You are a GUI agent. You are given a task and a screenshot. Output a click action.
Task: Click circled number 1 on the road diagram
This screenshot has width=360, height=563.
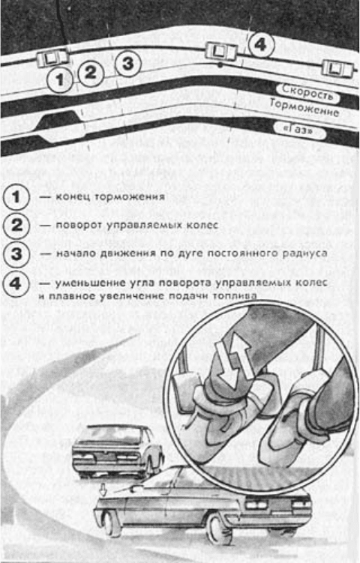tap(60, 79)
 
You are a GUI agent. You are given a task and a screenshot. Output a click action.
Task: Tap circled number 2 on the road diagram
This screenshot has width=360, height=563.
tap(91, 73)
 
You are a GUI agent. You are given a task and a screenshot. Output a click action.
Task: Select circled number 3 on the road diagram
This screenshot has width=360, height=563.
tap(128, 64)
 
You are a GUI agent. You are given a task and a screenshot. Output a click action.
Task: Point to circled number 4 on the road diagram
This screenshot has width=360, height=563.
tap(261, 44)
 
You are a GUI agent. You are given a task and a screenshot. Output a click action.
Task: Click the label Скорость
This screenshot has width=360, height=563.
tap(307, 93)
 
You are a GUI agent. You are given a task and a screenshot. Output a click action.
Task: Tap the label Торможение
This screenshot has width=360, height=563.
tap(304, 107)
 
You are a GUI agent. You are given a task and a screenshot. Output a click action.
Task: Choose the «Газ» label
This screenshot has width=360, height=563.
tap(299, 130)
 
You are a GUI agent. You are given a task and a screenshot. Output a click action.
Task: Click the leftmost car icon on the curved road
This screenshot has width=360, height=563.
tap(52, 58)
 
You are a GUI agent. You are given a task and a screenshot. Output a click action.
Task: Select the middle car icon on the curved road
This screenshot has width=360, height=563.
tap(222, 51)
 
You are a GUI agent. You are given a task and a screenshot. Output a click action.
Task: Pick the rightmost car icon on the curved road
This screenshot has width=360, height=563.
tap(337, 68)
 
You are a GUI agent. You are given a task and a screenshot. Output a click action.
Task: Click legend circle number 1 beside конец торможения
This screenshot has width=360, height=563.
tap(16, 196)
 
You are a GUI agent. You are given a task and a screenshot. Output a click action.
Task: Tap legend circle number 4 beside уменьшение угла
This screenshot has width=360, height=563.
tap(16, 283)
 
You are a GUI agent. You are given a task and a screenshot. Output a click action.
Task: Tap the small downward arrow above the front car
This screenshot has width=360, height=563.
tap(103, 490)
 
